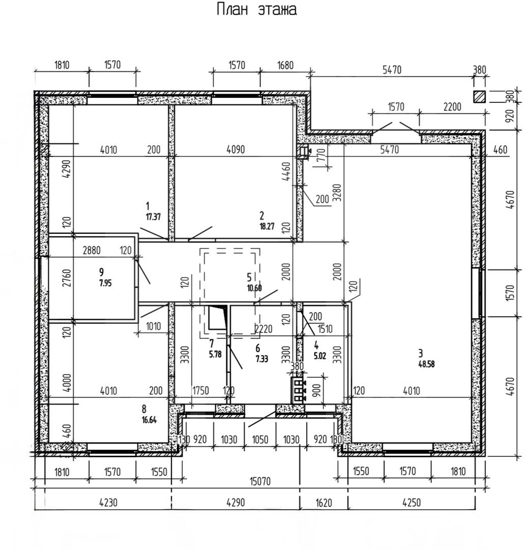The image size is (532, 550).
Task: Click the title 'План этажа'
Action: [x=257, y=10]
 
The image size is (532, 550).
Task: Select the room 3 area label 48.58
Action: [x=426, y=364]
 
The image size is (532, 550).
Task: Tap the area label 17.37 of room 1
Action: [x=153, y=217]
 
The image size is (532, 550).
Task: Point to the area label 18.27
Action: [x=267, y=226]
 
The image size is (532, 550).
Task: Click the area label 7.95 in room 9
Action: [x=105, y=283]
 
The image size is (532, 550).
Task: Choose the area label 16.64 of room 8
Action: [x=149, y=420]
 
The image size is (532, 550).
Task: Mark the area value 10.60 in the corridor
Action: [x=254, y=288]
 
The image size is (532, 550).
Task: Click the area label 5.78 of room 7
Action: [x=215, y=354]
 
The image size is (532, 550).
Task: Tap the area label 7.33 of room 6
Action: [x=261, y=359]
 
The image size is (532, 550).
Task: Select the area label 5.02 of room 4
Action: [x=320, y=355]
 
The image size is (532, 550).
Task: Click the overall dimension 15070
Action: [x=260, y=481]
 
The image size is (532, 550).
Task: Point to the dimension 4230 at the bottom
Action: [x=108, y=503]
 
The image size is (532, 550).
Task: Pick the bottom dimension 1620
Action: [x=323, y=503]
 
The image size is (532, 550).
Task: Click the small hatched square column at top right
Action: [x=480, y=97]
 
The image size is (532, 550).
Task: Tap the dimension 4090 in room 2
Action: [x=235, y=149]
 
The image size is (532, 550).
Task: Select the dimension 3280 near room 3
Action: [x=337, y=193]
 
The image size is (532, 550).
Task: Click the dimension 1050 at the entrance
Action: [x=260, y=439]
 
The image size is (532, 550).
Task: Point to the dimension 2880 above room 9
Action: [x=92, y=250]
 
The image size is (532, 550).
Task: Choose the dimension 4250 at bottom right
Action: [x=411, y=503]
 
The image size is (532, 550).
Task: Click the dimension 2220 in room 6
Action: [x=264, y=328]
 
